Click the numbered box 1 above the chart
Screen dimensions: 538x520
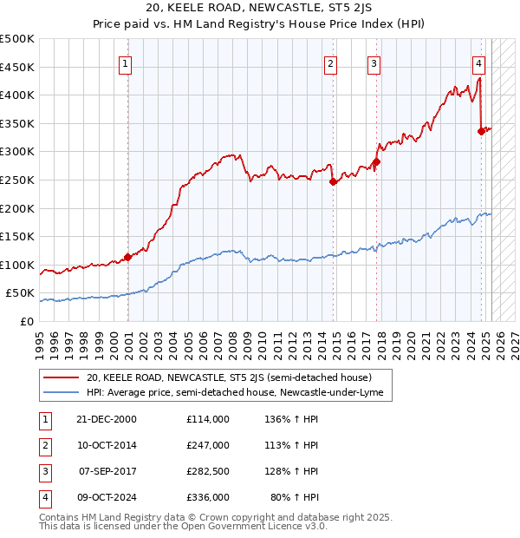click(126, 62)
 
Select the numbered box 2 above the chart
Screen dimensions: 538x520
click(330, 62)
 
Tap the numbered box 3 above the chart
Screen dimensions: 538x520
click(374, 62)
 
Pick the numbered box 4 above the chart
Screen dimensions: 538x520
click(478, 62)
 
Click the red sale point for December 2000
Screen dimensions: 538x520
click(127, 257)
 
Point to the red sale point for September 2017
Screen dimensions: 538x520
click(377, 161)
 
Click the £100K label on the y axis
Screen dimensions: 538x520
click(17, 265)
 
